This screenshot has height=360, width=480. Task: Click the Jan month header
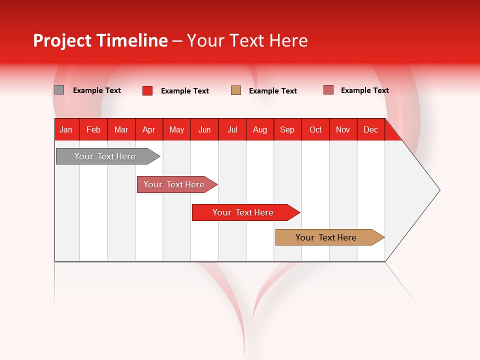pyautogui.click(x=66, y=129)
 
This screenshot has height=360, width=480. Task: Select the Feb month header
pyautogui.click(x=93, y=129)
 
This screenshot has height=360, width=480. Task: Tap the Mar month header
pyautogui.click(x=121, y=129)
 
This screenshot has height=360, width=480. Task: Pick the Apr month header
pyautogui.click(x=149, y=129)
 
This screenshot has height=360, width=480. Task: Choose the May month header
pyautogui.click(x=176, y=129)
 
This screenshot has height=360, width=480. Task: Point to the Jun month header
pyautogui.click(x=204, y=129)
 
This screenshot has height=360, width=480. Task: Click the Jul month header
pyautogui.click(x=232, y=129)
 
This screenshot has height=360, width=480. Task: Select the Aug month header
pyautogui.click(x=260, y=129)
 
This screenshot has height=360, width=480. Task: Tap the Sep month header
pyautogui.click(x=287, y=129)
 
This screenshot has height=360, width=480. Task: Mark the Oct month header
pyautogui.click(x=315, y=129)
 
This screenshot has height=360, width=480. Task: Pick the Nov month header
pyautogui.click(x=343, y=129)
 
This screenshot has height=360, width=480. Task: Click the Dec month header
pyautogui.click(x=371, y=129)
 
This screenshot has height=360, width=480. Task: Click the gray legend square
pyautogui.click(x=59, y=90)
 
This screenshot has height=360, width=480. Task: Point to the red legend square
pyautogui.click(x=147, y=90)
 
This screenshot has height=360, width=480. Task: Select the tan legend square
pyautogui.click(x=236, y=90)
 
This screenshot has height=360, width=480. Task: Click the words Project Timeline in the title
pyautogui.click(x=100, y=40)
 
